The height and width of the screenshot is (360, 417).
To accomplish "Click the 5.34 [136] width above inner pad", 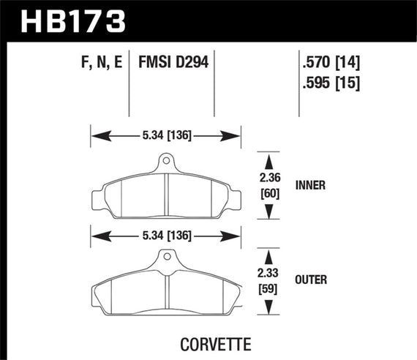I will click(x=165, y=135).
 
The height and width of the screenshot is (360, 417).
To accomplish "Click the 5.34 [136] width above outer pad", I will click(x=165, y=236).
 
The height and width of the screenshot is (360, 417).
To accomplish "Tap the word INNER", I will click(x=312, y=186).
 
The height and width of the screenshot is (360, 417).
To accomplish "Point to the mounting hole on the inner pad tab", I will click(x=166, y=161).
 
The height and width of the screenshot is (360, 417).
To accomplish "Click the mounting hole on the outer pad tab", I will click(x=166, y=258).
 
